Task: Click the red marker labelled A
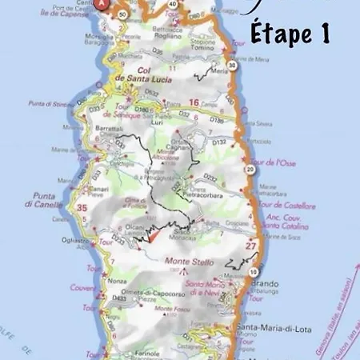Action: coord(102,3)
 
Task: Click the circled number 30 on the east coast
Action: coord(231,66)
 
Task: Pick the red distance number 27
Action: coord(250,246)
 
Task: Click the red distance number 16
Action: coord(193,102)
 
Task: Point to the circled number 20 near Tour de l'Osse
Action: coord(250,170)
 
